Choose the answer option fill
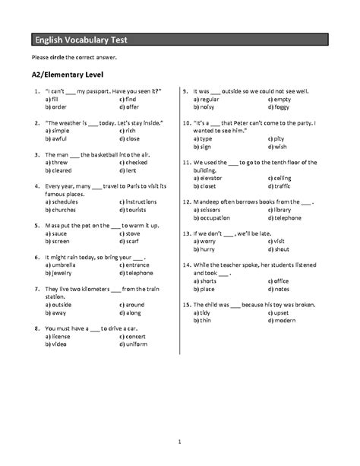click(54, 99)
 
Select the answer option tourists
click(135, 211)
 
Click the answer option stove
click(134, 235)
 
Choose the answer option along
click(133, 312)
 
